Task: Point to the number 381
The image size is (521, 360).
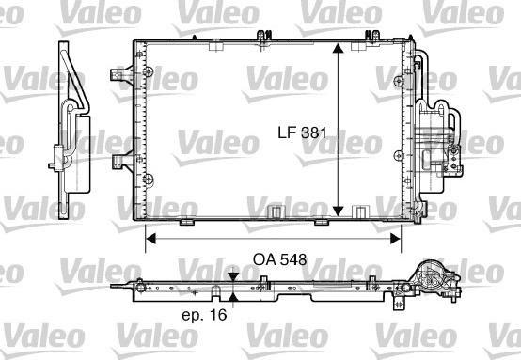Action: (315, 133)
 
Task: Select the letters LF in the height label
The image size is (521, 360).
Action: (286, 133)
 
